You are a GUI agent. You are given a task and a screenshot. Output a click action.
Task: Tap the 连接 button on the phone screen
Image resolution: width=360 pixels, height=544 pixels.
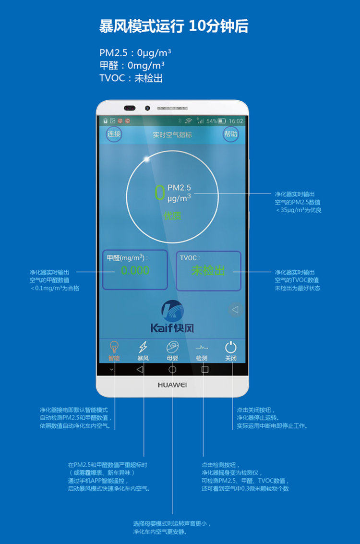[x=114, y=134]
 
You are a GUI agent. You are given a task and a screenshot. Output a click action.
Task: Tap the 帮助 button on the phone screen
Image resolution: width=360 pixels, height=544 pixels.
[x=230, y=134]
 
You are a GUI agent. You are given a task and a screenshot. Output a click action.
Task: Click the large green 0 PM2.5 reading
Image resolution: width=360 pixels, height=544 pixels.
[x=159, y=192]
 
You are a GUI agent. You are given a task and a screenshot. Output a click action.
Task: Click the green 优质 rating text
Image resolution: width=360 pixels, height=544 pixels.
[x=172, y=216]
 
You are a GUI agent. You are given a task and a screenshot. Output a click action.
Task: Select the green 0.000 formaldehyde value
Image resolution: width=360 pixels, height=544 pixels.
[x=135, y=270]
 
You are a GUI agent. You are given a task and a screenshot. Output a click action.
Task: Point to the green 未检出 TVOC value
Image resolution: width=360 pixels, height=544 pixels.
[x=208, y=270]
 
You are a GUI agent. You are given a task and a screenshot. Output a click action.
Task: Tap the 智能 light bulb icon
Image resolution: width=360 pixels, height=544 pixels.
[x=114, y=347]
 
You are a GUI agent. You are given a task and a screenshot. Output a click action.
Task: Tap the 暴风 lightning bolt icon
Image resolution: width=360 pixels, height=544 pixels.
[x=143, y=347]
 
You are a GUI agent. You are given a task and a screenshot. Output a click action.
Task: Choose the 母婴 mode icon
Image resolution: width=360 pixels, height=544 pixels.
[x=172, y=347]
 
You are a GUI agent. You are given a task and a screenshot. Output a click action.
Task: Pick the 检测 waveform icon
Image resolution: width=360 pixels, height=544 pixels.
[x=202, y=347]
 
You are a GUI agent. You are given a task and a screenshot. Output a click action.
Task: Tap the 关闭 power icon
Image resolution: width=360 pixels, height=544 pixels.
[x=231, y=347]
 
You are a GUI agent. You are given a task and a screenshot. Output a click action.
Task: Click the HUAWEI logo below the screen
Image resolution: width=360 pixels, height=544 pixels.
[x=172, y=385]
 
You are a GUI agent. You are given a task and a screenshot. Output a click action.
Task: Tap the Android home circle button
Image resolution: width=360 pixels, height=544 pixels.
[x=172, y=369]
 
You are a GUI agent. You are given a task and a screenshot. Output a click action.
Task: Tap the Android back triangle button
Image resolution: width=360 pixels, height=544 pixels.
[x=140, y=369]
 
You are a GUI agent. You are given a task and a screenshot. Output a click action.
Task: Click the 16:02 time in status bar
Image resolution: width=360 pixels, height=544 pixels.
[x=236, y=121]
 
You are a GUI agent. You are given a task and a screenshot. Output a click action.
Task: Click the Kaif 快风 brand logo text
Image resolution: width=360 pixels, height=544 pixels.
[x=172, y=328]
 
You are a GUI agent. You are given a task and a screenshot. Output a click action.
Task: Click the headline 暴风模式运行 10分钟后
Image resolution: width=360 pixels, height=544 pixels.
[x=174, y=26]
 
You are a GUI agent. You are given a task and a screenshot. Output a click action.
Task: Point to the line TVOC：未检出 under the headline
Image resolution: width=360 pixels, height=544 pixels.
[x=131, y=78]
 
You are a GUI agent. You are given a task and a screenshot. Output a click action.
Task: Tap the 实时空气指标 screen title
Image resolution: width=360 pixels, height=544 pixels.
[x=172, y=134]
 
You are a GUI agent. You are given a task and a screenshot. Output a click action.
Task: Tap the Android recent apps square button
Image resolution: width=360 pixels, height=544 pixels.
[x=205, y=369]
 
